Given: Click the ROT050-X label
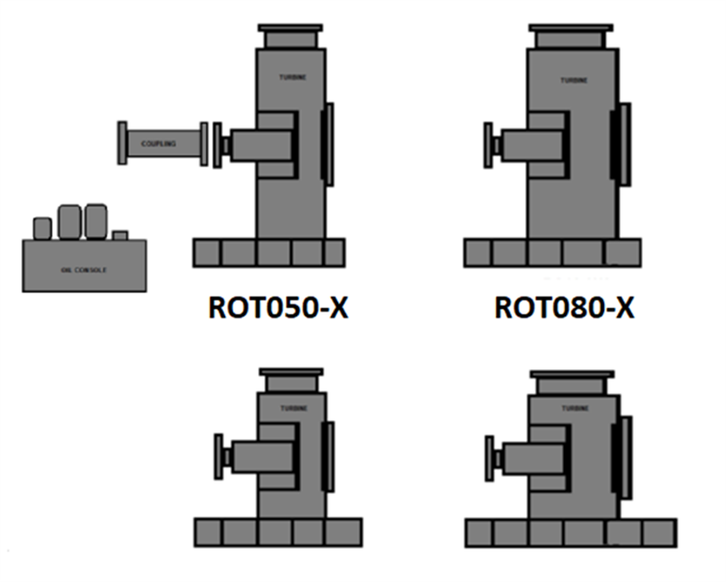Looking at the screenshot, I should point(277,308).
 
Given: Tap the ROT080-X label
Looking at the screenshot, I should point(564,308).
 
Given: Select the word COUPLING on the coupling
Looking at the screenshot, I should point(158,144).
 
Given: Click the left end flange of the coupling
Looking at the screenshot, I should point(122,143).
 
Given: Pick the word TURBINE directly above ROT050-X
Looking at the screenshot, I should point(291,76).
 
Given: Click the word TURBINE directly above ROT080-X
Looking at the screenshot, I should point(573,81).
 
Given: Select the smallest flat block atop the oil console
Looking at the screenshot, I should point(119,235).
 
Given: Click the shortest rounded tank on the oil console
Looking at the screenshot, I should point(42,228).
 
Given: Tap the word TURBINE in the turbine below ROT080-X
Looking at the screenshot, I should point(574,408).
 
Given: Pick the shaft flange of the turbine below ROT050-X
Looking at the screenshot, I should point(220,455).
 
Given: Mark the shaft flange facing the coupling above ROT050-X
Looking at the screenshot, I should point(217,145).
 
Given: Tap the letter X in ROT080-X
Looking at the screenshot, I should point(624,308).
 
